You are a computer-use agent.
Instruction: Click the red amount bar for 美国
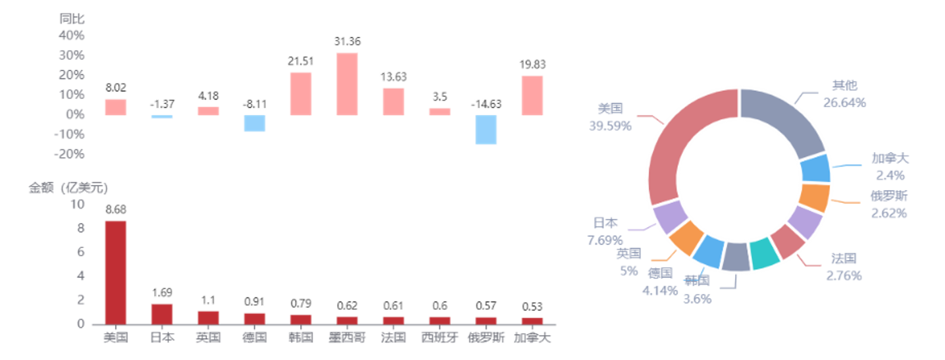[116, 272]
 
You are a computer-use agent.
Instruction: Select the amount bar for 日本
[162, 314]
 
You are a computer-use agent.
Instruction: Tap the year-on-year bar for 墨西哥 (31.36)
[347, 84]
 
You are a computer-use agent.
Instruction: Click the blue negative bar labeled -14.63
[486, 130]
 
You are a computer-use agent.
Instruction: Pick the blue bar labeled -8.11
[255, 123]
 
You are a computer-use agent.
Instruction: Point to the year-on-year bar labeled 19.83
[532, 95]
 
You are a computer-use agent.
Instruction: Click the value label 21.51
[301, 61]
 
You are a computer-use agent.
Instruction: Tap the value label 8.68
[116, 209]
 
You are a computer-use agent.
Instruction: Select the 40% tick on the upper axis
[72, 35]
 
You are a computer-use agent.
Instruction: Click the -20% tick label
[69, 154]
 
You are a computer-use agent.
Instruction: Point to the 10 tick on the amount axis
[77, 204]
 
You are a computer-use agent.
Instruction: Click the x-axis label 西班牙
[440, 338]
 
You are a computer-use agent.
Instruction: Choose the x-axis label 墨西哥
[347, 338]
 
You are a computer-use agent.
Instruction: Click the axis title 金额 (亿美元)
[68, 188]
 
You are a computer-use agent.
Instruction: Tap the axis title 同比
[72, 18]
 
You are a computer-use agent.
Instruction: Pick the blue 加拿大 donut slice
[815, 168]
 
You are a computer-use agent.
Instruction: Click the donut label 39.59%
[610, 126]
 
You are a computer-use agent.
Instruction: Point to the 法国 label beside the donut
[844, 258]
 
